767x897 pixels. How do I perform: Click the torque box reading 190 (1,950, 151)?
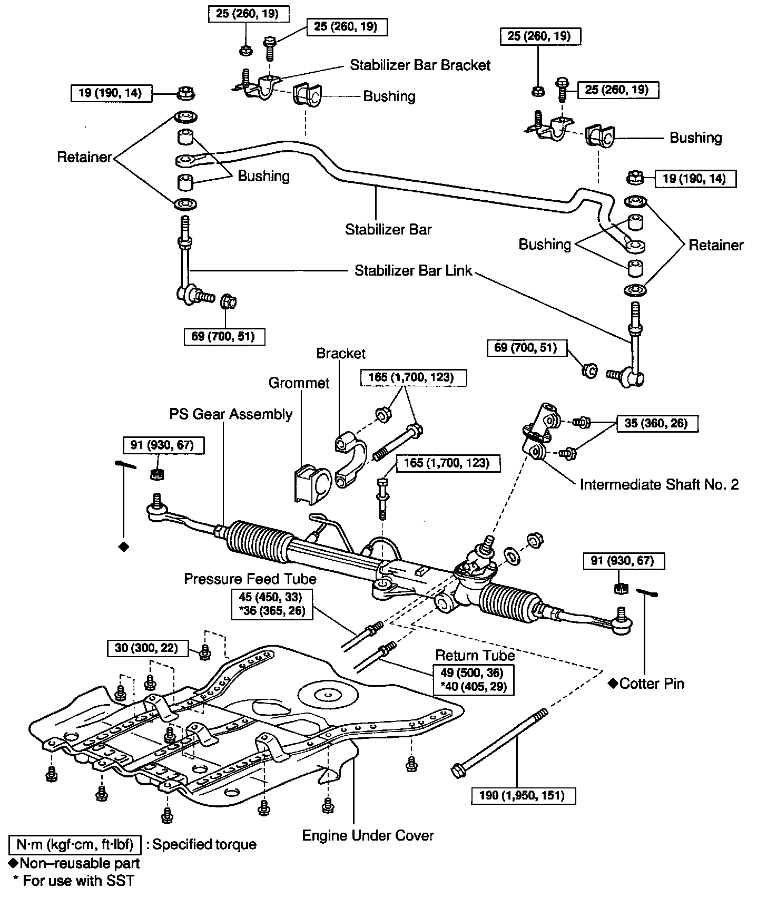pos(523,795)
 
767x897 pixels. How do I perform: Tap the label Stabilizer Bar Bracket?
pos(420,65)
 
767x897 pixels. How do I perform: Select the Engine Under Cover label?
pos(368,835)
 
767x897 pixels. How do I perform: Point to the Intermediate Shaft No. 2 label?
pos(659,484)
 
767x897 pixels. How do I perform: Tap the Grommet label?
pos(299,383)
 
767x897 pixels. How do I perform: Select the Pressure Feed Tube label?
pos(250,579)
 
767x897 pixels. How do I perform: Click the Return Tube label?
pos(475,655)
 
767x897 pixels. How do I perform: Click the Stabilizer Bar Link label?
pos(413,271)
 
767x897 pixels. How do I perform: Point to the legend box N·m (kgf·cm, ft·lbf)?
pos(75,844)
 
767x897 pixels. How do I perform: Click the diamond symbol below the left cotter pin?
pos(124,547)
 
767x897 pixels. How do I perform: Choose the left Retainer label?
pos(84,157)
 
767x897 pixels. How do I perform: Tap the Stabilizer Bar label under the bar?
pos(388,229)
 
